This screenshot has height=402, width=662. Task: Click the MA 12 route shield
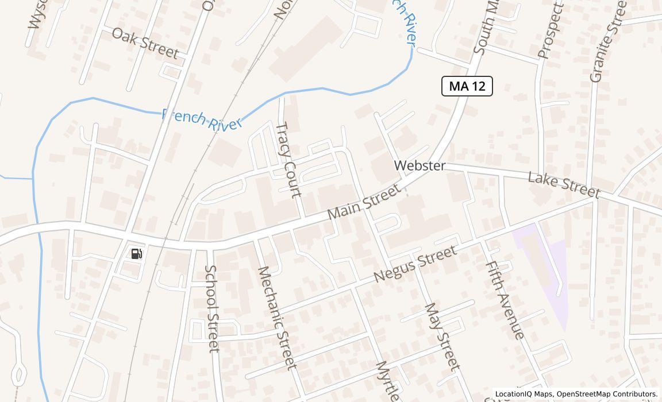click(467, 86)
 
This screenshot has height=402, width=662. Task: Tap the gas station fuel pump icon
click(137, 254)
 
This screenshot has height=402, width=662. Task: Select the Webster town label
click(419, 165)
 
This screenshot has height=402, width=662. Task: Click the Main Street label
click(363, 202)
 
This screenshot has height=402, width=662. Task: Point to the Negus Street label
click(415, 264)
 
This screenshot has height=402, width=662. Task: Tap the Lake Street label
click(564, 185)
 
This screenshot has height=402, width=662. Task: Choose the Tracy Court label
click(289, 159)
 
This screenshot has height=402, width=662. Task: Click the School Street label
click(212, 308)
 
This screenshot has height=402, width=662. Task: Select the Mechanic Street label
click(276, 317)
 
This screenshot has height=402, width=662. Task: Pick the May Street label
click(442, 336)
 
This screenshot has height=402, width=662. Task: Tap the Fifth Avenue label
click(505, 300)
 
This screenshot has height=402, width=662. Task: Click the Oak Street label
click(145, 42)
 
